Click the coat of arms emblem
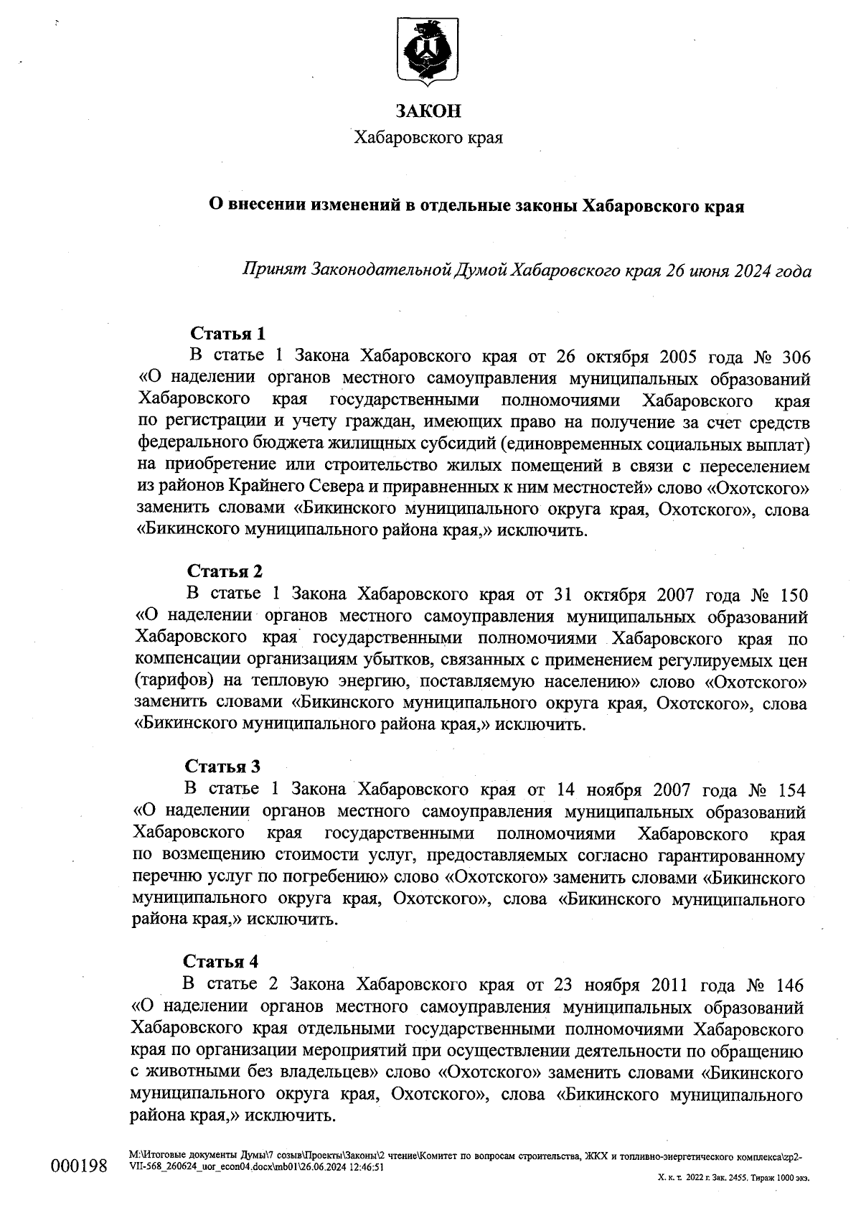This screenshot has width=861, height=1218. coord(429,52)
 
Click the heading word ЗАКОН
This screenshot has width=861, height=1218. coord(429,111)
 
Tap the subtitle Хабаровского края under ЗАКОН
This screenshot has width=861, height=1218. coord(429,137)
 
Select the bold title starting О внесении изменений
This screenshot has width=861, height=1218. coord(476,207)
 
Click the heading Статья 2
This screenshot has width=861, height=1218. coord(225,571)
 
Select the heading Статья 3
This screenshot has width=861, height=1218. coord(222,766)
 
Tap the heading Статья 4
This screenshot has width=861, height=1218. coord(220,961)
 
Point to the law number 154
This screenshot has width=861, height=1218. coord(791,790)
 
